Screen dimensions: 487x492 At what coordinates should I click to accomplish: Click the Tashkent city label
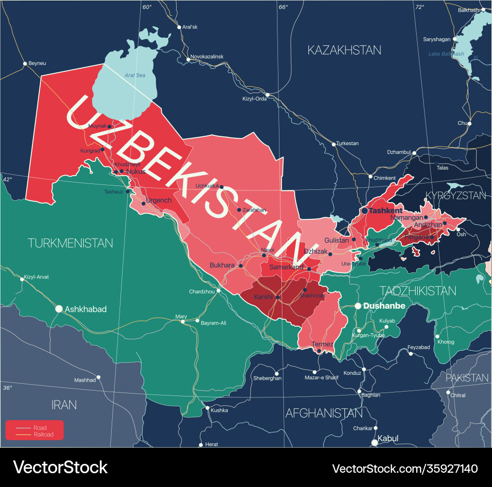[x=386, y=211]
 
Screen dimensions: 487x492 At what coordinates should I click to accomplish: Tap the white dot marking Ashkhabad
[x=59, y=309]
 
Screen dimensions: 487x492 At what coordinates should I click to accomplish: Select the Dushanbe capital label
[x=384, y=306]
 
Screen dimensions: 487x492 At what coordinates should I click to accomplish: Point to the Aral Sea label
[x=135, y=75]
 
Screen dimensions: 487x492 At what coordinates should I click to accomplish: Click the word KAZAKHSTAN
[x=344, y=50]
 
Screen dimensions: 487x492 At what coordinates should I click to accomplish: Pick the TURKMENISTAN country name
[x=70, y=243]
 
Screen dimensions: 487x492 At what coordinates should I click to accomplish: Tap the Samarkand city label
[x=286, y=267]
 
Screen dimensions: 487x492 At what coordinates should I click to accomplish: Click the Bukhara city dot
[x=241, y=266]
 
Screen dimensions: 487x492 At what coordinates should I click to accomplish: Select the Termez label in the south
[x=322, y=344]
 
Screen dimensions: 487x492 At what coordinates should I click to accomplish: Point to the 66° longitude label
[x=283, y=7]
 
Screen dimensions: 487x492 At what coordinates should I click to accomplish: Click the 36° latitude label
[x=7, y=388]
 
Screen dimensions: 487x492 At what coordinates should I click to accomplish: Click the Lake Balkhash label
[x=446, y=54]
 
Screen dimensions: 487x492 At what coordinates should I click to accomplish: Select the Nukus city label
[x=136, y=172]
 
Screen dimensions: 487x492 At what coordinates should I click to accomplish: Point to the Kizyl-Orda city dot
[x=268, y=94]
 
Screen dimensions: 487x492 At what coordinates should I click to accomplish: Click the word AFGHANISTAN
[x=324, y=413]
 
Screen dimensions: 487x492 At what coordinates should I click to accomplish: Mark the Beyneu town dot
[x=25, y=63]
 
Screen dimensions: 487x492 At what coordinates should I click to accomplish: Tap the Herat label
[x=212, y=444]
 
